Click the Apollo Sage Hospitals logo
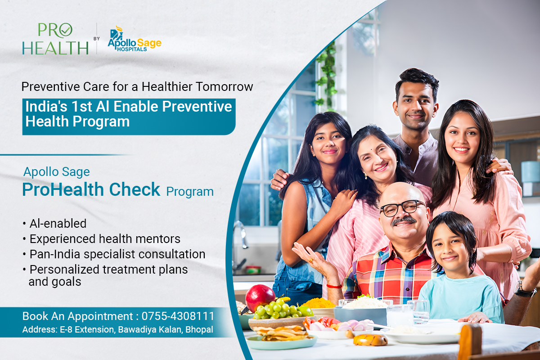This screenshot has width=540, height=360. pos(134,39)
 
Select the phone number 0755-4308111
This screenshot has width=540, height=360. pos(178,315)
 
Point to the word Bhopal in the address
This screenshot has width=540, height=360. pos(200,330)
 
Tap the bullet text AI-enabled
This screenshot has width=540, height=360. pos(58,223)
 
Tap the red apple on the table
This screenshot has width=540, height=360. pos(260,297)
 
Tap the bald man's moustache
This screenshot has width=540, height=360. pos(404,220)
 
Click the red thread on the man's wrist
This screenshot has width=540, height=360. pos(333,285)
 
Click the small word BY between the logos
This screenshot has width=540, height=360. pos(96,39)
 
